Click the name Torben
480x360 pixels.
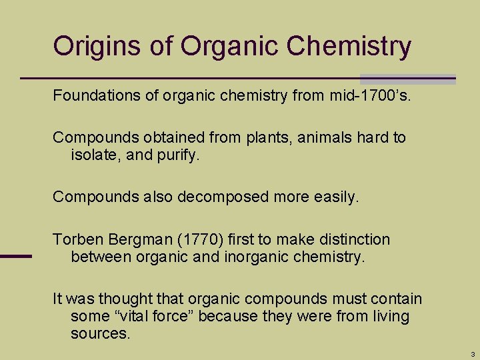tap(75, 239)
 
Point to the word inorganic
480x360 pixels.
tap(249, 257)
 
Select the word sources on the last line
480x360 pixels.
tap(99, 333)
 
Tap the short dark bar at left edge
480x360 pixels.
tap(15, 256)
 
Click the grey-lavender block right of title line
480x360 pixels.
tap(407, 79)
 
